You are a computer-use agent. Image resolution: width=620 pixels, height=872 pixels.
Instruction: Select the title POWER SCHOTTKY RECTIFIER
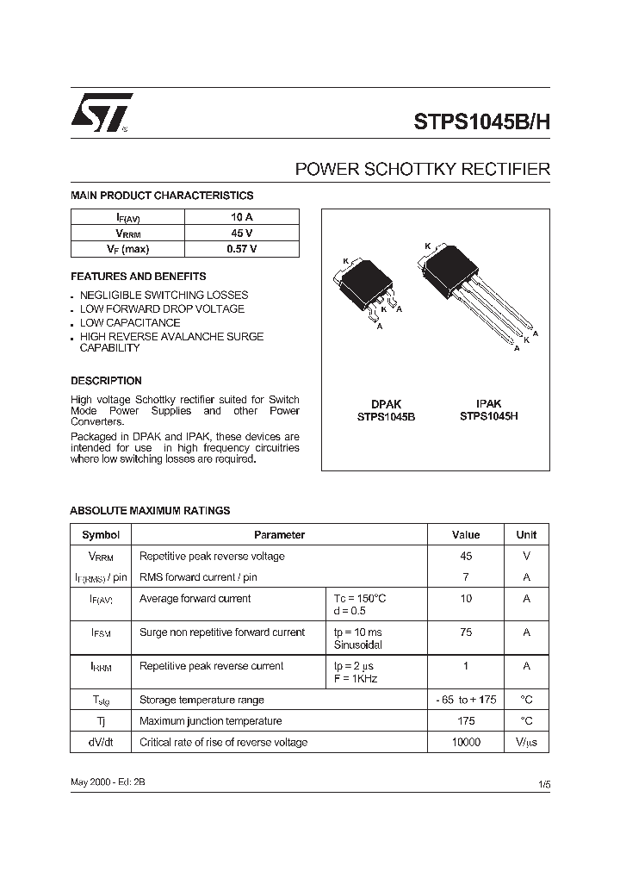coord(422,169)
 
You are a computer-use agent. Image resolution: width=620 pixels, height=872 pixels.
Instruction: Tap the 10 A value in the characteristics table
coord(241,218)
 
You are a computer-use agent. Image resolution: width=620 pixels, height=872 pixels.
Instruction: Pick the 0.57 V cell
coord(241,249)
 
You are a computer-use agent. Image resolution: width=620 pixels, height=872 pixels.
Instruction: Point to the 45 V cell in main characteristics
coord(241,234)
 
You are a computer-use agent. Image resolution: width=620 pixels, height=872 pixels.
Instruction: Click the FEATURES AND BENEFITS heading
coord(138,277)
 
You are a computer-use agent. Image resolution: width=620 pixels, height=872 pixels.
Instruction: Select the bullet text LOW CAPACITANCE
coord(130,322)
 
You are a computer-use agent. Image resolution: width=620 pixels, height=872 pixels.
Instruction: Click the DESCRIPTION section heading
coord(106,380)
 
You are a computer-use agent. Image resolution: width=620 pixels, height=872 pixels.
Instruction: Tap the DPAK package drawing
coord(367,289)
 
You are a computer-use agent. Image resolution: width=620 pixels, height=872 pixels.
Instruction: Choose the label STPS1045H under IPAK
coord(488,415)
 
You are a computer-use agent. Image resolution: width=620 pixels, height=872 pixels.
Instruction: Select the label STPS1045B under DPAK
coord(386,416)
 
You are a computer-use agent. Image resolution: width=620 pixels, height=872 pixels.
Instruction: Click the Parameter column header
coord(279,535)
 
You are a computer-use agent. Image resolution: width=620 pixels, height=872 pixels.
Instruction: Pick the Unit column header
coord(526,535)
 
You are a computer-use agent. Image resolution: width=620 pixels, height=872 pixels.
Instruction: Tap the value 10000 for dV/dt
coord(466,742)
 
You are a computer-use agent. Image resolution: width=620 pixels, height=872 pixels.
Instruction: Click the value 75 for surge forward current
coord(466,632)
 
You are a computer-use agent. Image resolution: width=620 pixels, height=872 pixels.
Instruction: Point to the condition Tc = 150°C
coord(360,598)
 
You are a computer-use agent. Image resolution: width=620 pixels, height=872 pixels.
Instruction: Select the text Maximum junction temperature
coord(210,720)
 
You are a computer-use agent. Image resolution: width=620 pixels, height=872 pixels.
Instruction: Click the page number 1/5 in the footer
coord(543,785)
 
